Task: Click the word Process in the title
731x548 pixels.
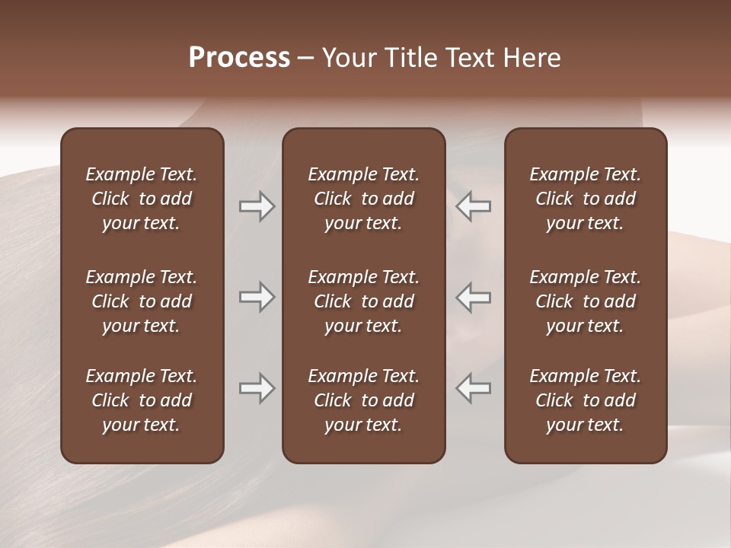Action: [239, 58]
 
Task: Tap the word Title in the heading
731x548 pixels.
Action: [411, 58]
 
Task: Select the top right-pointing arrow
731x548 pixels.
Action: [257, 206]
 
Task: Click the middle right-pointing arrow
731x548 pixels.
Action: [257, 297]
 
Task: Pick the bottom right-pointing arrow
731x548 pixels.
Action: [257, 388]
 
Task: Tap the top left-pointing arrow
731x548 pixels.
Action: [474, 206]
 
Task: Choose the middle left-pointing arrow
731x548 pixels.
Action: [474, 297]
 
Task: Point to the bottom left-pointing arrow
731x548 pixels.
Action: [474, 388]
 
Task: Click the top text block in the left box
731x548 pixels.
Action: [142, 199]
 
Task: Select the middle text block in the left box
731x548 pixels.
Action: [142, 301]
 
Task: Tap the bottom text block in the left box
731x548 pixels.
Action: [142, 400]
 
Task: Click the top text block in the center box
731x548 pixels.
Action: [363, 199]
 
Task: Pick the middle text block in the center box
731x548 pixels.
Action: [363, 301]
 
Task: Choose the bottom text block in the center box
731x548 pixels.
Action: [363, 400]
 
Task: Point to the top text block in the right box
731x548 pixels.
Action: [585, 199]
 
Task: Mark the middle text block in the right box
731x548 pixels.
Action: [585, 301]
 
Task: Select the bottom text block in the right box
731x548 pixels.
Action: [585, 400]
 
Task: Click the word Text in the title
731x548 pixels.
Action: [470, 58]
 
